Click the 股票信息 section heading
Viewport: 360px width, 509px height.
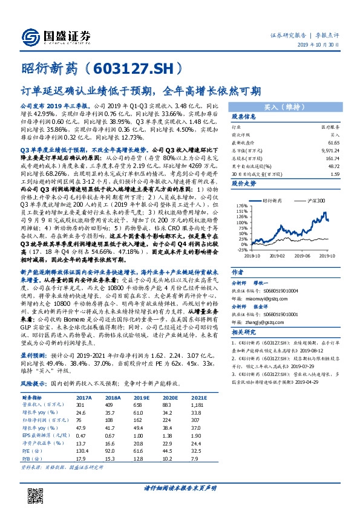coord(244,117)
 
